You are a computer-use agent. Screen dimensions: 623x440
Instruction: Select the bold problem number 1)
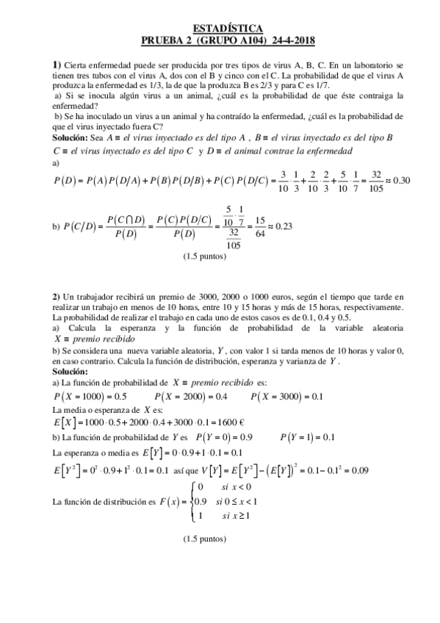pos(57,65)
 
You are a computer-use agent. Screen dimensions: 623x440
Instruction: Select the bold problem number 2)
pos(57,295)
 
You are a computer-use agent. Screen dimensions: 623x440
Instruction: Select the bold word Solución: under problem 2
pos(71,372)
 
